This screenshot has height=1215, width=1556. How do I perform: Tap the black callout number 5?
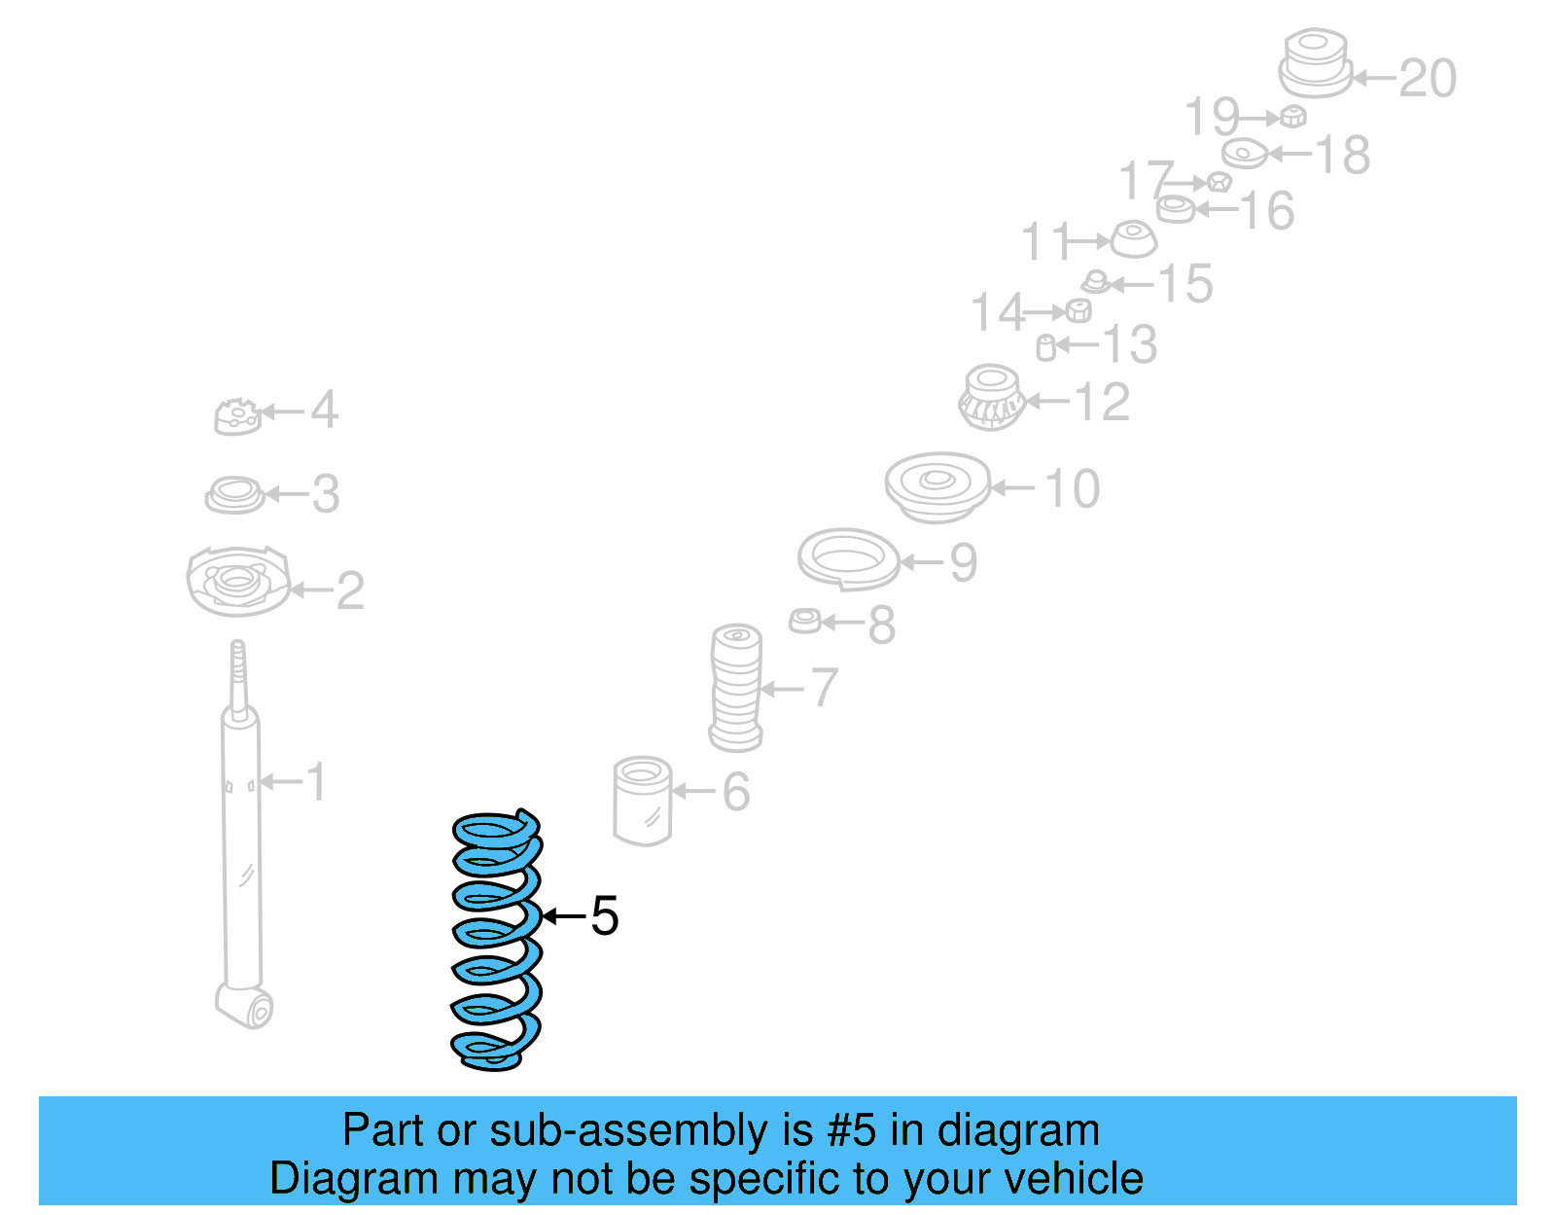click(604, 916)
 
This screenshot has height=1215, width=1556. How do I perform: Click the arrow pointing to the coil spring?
click(563, 916)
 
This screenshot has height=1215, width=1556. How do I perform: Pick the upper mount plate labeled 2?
click(237, 582)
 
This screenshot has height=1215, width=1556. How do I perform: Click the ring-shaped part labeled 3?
click(234, 494)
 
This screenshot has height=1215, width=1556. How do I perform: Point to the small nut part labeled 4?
click(237, 416)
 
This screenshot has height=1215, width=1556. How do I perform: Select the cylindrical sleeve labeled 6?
click(643, 800)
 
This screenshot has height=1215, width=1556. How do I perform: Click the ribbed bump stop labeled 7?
click(736, 687)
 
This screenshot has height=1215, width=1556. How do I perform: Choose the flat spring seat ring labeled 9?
click(848, 558)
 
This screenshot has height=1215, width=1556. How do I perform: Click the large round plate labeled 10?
click(937, 485)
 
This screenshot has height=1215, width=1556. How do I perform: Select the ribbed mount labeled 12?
click(991, 398)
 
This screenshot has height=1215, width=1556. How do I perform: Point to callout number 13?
click(1130, 345)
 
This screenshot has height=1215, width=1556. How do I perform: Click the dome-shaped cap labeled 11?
click(1133, 238)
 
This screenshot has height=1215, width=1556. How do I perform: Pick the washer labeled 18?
click(1245, 154)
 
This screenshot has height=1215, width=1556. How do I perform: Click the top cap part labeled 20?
click(1315, 63)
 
